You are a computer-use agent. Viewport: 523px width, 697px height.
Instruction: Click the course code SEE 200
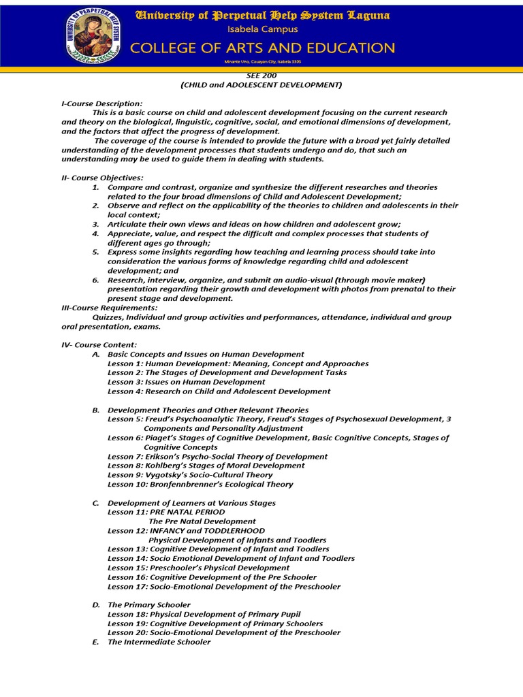261,76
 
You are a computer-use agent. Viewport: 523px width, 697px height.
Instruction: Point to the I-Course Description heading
101,103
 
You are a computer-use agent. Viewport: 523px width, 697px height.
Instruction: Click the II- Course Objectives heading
102,178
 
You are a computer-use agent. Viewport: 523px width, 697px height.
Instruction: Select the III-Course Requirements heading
110,308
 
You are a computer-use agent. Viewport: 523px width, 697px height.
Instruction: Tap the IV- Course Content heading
99,345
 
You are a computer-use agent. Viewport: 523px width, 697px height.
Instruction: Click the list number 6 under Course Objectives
96,280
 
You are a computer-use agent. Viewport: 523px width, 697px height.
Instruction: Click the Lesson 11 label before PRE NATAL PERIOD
127,512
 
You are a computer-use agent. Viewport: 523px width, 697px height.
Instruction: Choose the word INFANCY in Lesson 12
170,530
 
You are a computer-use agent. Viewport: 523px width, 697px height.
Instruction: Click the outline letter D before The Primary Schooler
95,604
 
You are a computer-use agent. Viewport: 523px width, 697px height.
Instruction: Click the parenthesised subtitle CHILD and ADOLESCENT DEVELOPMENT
261,85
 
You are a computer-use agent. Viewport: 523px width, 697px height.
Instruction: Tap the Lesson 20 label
127,632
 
